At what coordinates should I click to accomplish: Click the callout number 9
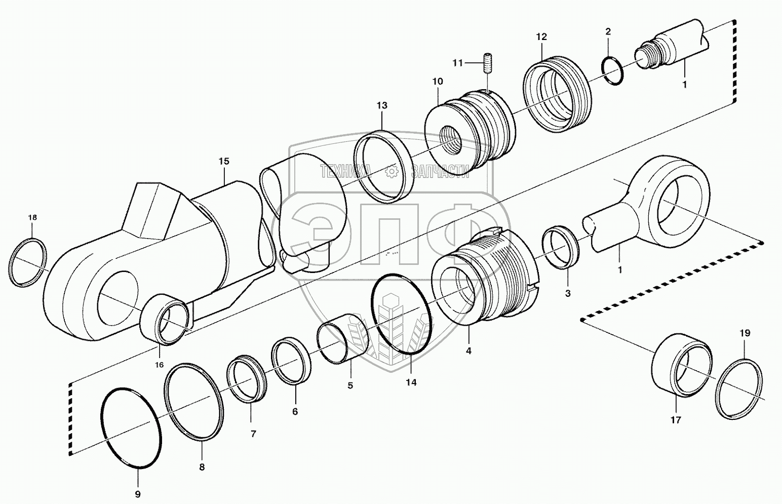coord(138,494)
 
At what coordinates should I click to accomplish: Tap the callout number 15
coord(224,161)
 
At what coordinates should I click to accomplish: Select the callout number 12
coord(541,36)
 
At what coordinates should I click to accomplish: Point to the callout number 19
coord(745,333)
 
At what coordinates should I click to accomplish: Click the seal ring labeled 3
coord(561,247)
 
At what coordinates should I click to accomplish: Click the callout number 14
coord(411,382)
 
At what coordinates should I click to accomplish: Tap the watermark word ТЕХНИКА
coord(345,172)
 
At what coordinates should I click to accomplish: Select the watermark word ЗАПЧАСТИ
coord(441,172)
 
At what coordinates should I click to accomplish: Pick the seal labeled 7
coord(247,378)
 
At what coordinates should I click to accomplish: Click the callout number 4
coord(468,351)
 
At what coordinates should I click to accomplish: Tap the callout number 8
coord(202,467)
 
